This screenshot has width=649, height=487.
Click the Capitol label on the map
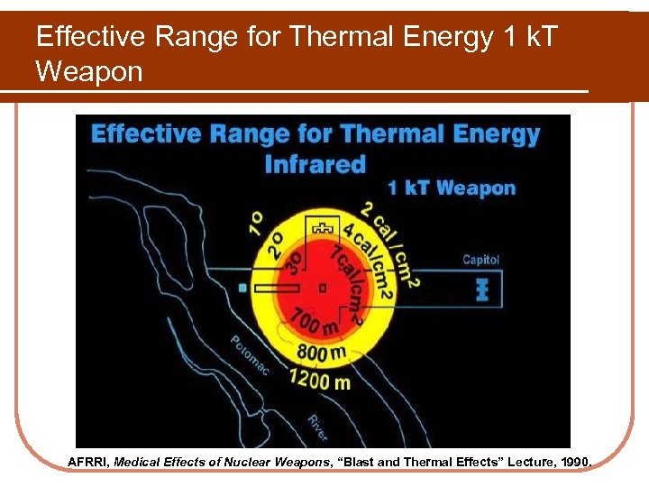coord(480,260)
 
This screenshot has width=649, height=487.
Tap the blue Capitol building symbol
coord(480,289)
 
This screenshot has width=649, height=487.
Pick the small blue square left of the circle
coord(242,288)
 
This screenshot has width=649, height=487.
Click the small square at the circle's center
coord(323,288)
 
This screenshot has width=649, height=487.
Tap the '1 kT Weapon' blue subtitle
coord(452,188)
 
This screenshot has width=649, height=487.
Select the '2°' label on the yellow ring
coord(276,243)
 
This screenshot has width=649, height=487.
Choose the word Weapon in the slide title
coord(89,71)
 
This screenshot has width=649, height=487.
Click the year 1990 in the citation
coord(573,462)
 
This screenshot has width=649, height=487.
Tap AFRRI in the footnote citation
coord(89,462)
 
